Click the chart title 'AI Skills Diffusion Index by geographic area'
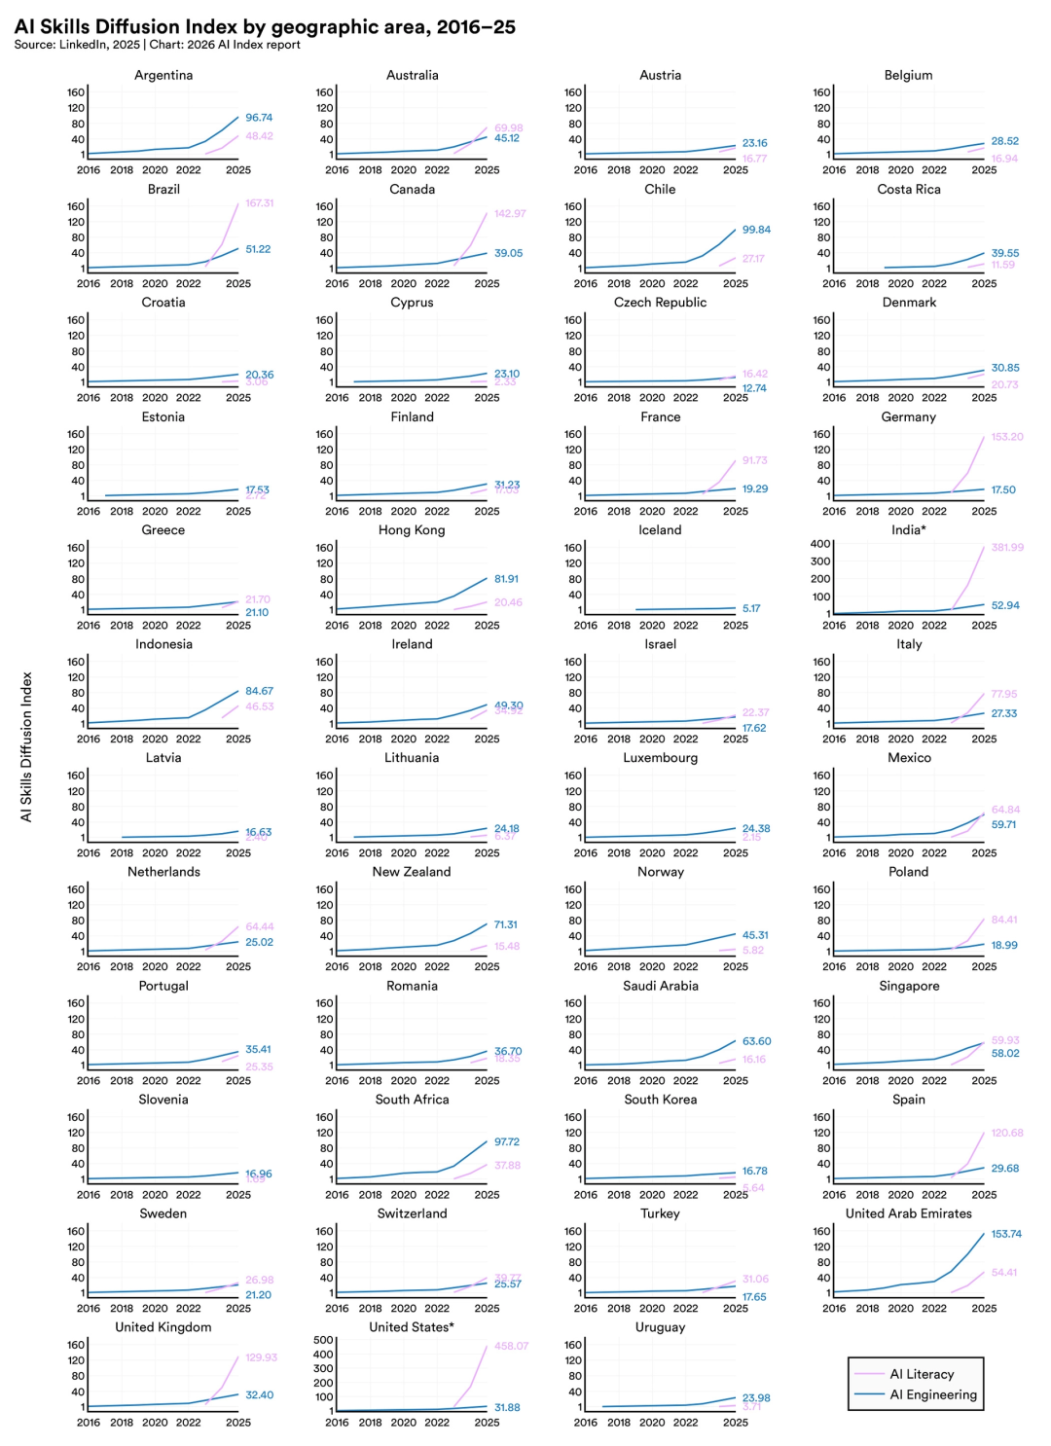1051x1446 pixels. [x=265, y=26]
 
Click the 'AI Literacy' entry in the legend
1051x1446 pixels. [x=922, y=1374]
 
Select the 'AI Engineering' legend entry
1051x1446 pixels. [x=932, y=1394]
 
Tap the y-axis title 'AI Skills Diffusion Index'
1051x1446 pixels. [x=27, y=746]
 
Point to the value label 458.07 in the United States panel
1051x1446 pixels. [x=511, y=1346]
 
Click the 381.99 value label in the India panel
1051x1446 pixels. [x=1007, y=548]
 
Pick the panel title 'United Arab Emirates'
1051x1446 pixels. [x=908, y=1213]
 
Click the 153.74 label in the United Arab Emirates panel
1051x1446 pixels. [x=1006, y=1234]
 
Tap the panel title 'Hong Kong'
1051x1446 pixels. [x=412, y=530]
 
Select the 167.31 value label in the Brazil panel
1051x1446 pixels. [x=260, y=203]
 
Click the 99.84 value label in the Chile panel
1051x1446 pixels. [x=756, y=230]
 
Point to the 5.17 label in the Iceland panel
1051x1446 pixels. [x=751, y=608]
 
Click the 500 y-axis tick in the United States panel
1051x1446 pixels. [x=324, y=1340]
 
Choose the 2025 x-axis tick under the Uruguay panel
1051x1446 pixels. [x=736, y=1422]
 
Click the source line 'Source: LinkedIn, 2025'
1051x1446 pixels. [x=77, y=45]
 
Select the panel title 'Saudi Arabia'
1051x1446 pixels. [x=660, y=986]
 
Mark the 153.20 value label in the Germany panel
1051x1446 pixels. [x=1007, y=437]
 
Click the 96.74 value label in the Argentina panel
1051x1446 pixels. [x=259, y=118]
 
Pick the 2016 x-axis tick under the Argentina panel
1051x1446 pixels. [x=89, y=169]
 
